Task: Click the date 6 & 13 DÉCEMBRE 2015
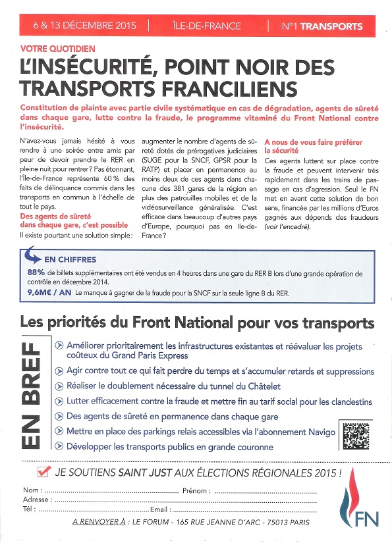(x=84, y=26)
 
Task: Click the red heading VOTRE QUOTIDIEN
(x=58, y=49)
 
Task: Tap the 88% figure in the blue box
(x=36, y=271)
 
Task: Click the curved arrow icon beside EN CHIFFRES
(x=33, y=257)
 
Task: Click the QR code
(x=356, y=434)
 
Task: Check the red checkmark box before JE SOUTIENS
(x=45, y=471)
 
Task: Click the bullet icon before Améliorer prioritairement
(x=60, y=345)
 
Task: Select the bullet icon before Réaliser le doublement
(x=60, y=386)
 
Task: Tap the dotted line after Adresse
(x=184, y=500)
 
